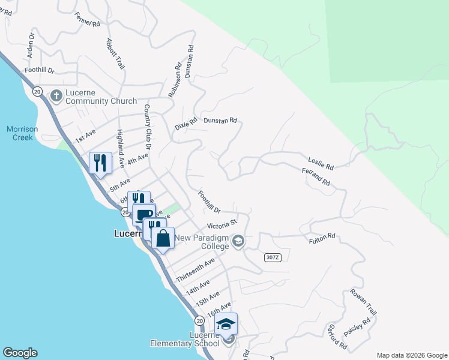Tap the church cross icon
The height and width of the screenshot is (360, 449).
click(56, 95)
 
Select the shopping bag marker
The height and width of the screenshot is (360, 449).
click(163, 238)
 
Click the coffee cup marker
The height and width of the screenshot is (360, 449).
click(143, 214)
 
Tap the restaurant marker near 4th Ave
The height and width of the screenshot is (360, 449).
click(100, 162)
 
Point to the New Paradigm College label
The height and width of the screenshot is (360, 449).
click(202, 242)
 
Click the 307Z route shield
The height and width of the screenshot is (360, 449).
click(273, 257)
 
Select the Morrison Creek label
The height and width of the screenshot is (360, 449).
click(22, 133)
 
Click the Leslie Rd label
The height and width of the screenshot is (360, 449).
click(321, 163)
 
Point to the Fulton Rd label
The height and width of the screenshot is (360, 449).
click(322, 239)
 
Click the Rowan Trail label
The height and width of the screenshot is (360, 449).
click(364, 303)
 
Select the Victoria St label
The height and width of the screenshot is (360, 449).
click(222, 226)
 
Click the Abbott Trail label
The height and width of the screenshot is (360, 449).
click(115, 55)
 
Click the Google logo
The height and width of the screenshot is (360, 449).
click(20, 353)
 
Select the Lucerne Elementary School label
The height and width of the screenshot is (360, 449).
click(185, 339)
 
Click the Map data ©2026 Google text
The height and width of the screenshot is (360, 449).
click(411, 355)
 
